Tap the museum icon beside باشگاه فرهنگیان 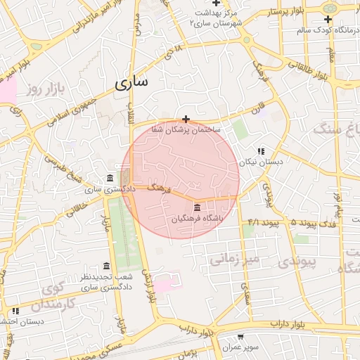(195, 208)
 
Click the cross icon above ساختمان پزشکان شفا (186, 119)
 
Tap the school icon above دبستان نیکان (262, 151)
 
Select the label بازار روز (41, 89)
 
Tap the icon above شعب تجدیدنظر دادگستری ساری (106, 266)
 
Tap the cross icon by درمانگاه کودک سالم (328, 19)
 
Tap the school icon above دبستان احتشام (15, 311)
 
